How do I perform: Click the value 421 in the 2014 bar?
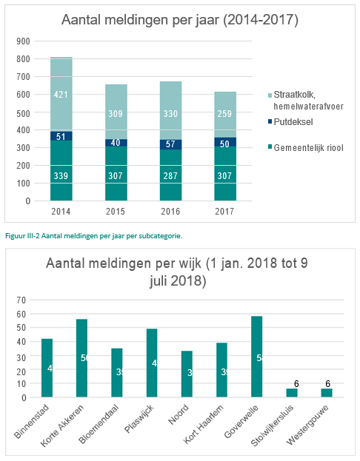point(61,94)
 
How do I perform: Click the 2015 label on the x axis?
point(116,212)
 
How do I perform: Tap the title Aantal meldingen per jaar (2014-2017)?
point(180,20)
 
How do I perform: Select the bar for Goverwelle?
point(256,357)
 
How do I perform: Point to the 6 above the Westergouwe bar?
point(327,383)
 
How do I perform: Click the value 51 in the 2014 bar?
point(61,136)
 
